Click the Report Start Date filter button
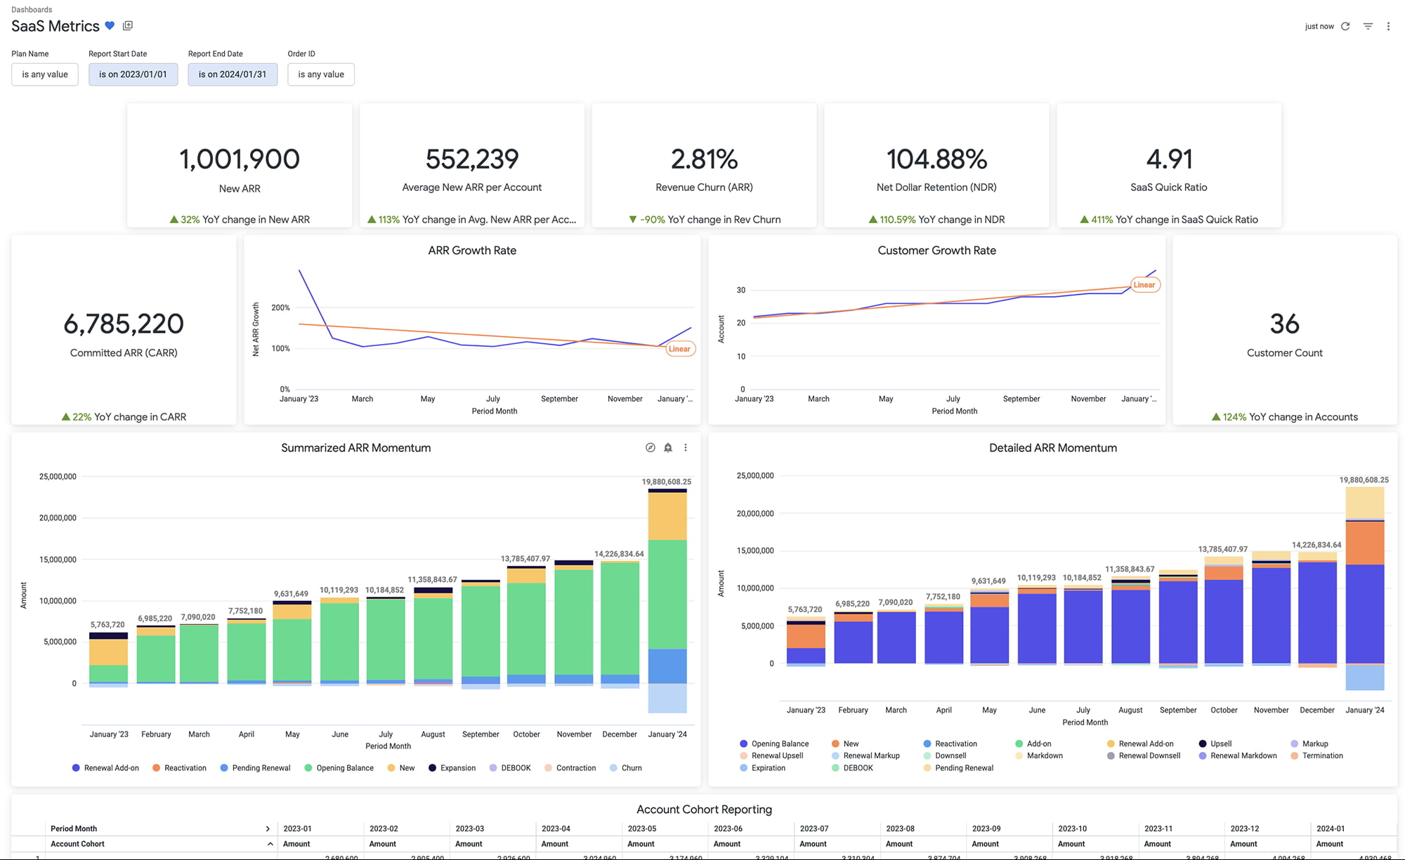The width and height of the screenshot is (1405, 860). point(133,74)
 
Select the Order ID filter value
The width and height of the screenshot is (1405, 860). point(321,74)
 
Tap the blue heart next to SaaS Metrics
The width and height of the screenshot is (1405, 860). point(110,26)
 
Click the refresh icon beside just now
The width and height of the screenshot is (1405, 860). point(1345,26)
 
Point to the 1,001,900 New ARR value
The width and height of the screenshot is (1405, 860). point(240,159)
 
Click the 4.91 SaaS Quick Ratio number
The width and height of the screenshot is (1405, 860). point(1169,159)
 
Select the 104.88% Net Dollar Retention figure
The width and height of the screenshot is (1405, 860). point(936,159)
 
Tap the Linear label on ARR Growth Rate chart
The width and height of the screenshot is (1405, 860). point(679,349)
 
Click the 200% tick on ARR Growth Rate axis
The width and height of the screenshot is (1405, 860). point(280,307)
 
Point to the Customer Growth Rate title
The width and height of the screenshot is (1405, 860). point(936,251)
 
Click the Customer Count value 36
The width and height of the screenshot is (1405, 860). point(1284,324)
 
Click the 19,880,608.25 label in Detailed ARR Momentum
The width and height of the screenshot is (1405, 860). point(1364,480)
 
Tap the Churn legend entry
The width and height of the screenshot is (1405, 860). point(631,768)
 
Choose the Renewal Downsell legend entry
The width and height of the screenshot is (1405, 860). point(1149,756)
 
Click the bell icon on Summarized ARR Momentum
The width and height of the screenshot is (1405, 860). point(668,448)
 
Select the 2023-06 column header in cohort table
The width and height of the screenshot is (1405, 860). point(728,828)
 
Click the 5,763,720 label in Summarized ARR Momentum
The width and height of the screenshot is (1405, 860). point(107,625)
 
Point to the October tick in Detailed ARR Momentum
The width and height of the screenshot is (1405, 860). point(1224,710)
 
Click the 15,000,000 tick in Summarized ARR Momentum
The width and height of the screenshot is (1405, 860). point(58,560)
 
